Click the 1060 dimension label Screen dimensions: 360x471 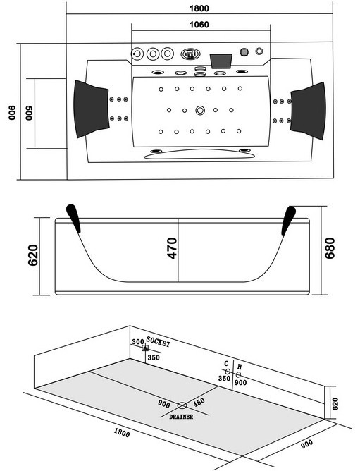click(x=199, y=25)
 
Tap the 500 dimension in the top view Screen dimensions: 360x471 click(x=29, y=113)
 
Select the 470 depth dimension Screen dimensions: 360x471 click(x=172, y=248)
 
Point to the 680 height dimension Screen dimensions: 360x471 click(x=330, y=248)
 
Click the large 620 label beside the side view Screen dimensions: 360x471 click(x=33, y=255)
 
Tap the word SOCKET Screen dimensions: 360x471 click(x=159, y=342)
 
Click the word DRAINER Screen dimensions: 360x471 click(x=181, y=417)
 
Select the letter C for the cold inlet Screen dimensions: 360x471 click(x=226, y=364)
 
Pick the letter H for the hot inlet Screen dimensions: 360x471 click(x=240, y=367)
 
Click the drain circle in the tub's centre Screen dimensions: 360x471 click(x=200, y=110)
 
